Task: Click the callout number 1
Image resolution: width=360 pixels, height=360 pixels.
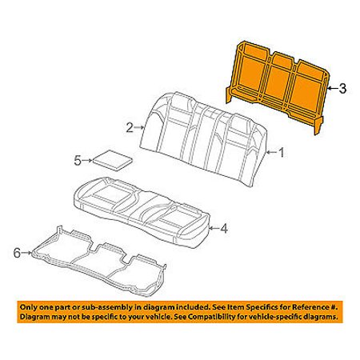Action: pyautogui.click(x=282, y=153)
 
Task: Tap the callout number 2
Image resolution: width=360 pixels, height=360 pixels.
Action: pyautogui.click(x=130, y=128)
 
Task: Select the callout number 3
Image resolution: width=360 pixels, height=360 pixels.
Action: pyautogui.click(x=342, y=88)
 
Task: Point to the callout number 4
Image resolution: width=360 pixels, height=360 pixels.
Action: pyautogui.click(x=225, y=229)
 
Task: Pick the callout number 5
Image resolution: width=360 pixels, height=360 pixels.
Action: pyautogui.click(x=78, y=161)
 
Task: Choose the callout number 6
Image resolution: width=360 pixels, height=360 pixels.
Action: pyautogui.click(x=17, y=253)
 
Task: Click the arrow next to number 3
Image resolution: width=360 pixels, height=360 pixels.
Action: pyautogui.click(x=332, y=88)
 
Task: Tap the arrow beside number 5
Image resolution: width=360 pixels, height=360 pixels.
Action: pyautogui.click(x=87, y=161)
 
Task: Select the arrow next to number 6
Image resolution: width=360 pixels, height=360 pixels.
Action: pyautogui.click(x=26, y=253)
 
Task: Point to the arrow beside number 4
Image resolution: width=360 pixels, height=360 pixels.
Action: pyautogui.click(x=214, y=228)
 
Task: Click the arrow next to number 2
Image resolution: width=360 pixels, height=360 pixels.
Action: pyautogui.click(x=139, y=128)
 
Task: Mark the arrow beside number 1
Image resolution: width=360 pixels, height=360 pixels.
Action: pyautogui.click(x=271, y=153)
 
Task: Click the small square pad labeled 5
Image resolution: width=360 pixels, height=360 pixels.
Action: pyautogui.click(x=113, y=160)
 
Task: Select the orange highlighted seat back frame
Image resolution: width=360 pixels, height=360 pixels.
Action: pyautogui.click(x=278, y=86)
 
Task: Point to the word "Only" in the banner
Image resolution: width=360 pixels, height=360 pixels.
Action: pyautogui.click(x=28, y=307)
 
